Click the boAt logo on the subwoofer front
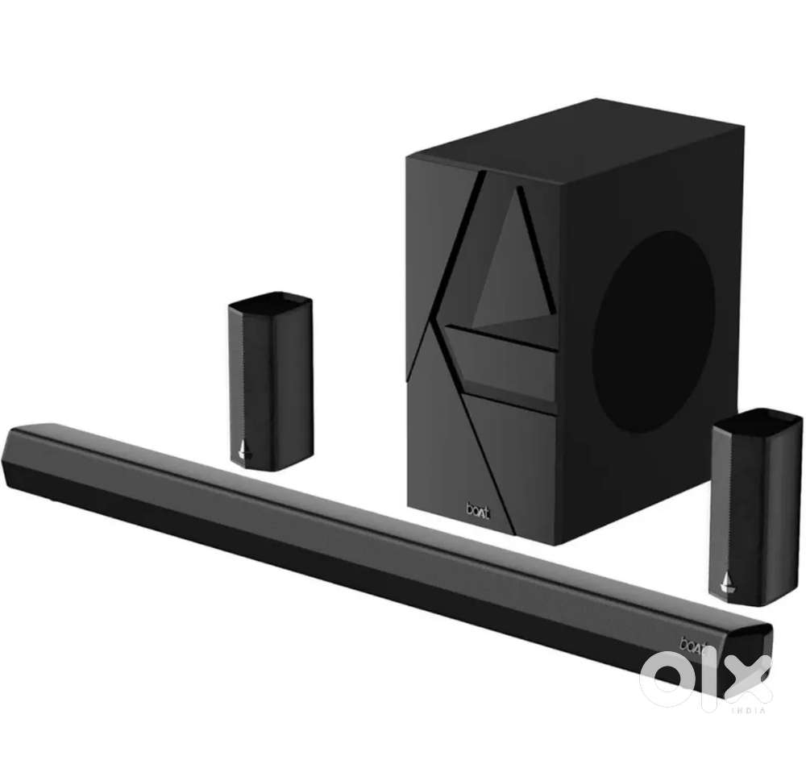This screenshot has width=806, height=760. [478, 510]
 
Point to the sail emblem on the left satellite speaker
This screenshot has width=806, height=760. [244, 450]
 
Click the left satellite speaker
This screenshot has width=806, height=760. [270, 380]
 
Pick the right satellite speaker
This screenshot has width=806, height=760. [756, 507]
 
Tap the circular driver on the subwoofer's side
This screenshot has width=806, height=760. [654, 332]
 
